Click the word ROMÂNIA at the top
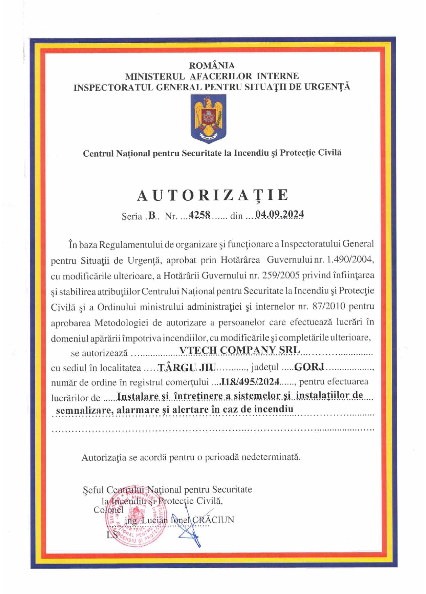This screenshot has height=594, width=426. click(x=212, y=65)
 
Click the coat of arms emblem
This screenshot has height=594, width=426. click(x=208, y=118)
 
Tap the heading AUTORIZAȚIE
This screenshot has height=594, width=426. click(x=213, y=195)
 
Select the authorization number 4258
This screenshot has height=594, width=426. click(x=199, y=215)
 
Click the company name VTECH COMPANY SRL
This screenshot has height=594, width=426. click(x=240, y=350)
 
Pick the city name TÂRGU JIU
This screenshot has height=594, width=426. click(x=187, y=368)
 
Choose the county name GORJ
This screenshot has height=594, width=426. click(x=309, y=367)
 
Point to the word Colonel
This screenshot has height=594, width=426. click(x=108, y=510)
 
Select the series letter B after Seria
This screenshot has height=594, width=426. click(x=152, y=216)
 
